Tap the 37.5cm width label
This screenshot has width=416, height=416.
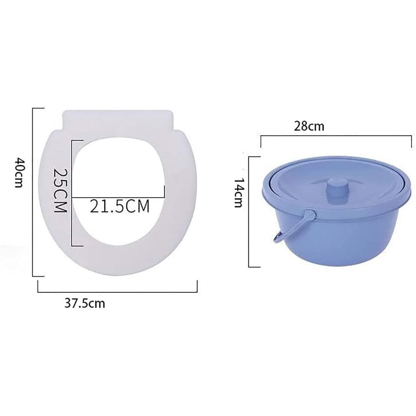click(85, 303)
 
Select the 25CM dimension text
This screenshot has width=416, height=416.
click(60, 190)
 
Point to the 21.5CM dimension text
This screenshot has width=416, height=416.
click(120, 206)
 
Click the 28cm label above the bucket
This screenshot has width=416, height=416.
click(309, 126)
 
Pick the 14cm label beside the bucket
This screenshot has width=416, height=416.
click(238, 193)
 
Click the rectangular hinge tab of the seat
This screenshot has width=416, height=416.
click(118, 119)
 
